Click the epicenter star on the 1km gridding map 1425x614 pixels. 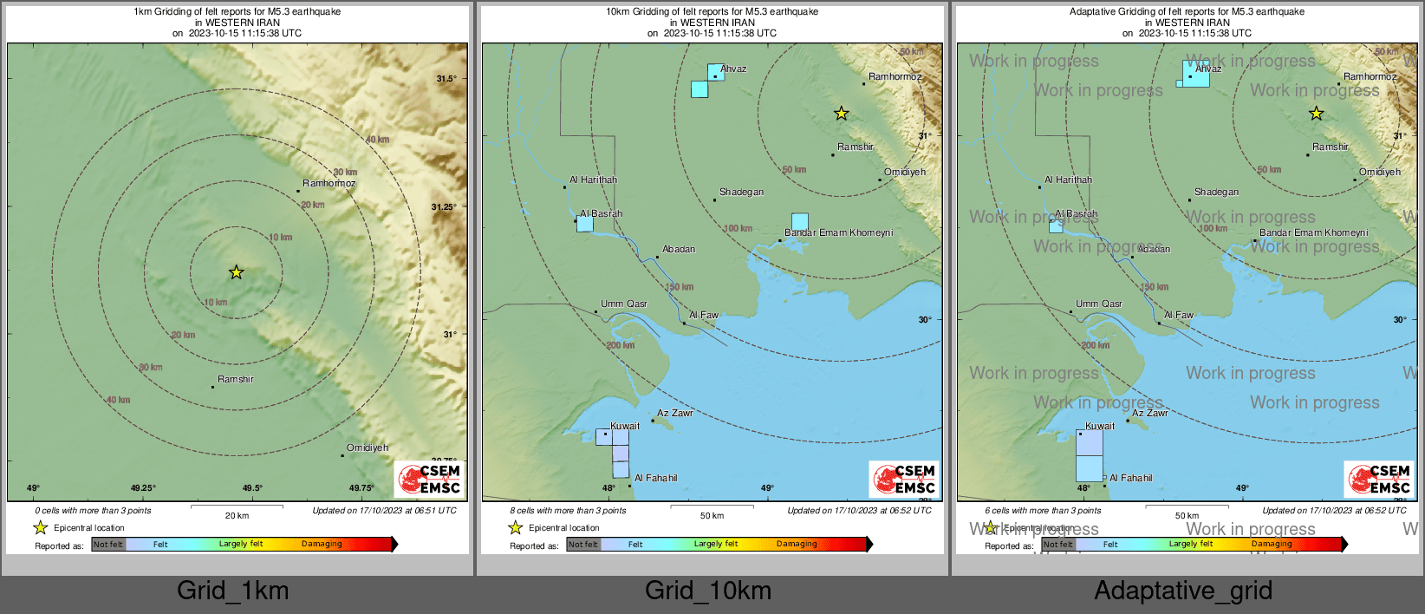coord(236,272)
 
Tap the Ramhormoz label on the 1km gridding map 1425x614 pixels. coord(329,183)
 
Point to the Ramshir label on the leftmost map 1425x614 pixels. coord(236,379)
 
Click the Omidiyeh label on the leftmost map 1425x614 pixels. coord(368,447)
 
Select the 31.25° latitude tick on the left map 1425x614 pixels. coord(444,206)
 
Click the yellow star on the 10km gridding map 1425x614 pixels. coord(841,114)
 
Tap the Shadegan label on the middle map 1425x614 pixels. coord(741,192)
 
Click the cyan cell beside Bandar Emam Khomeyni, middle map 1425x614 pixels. coord(799,221)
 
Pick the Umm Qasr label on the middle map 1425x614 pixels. coord(624,304)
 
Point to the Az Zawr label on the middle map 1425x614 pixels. coord(675,413)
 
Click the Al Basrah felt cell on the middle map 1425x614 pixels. coord(585,224)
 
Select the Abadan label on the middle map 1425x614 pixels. coord(679,249)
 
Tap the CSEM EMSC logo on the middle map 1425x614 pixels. coord(905,479)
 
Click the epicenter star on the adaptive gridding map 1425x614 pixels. coord(1316,114)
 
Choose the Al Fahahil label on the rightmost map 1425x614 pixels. coord(1131,478)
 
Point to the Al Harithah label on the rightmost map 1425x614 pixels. coord(1068,180)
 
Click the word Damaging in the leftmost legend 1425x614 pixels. coord(322,544)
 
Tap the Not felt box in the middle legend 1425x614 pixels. coord(583,545)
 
